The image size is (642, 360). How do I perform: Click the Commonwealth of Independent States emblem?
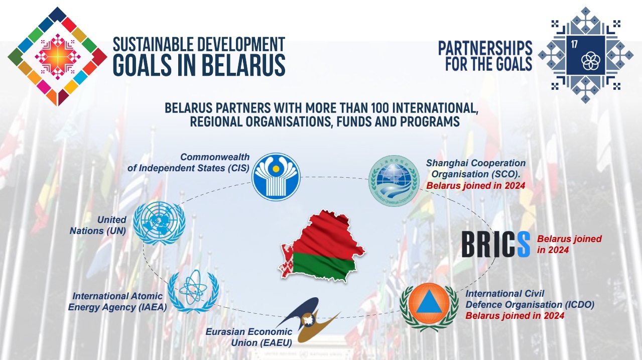(x=276, y=177)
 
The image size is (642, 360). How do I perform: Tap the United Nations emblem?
(x=159, y=223)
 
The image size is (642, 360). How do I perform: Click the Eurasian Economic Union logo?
(x=308, y=320)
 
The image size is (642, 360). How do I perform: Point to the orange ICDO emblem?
(x=429, y=307)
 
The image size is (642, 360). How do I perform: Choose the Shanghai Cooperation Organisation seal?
(x=394, y=181)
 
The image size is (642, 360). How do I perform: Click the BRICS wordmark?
(x=496, y=244)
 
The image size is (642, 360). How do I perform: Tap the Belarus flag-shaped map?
(x=322, y=247)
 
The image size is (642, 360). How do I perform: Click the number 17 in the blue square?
(x=574, y=44)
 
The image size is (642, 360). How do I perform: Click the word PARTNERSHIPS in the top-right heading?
(x=485, y=48)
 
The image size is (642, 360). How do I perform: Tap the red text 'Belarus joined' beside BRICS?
(x=569, y=239)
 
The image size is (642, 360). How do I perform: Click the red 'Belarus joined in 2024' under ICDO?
(x=515, y=316)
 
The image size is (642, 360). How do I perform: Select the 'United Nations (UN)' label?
(x=98, y=225)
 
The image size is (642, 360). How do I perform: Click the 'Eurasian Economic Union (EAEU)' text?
(x=249, y=337)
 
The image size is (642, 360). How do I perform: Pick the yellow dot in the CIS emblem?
(x=276, y=169)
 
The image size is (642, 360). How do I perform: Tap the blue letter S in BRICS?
(x=524, y=244)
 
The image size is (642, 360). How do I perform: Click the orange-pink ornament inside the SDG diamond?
(x=58, y=57)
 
